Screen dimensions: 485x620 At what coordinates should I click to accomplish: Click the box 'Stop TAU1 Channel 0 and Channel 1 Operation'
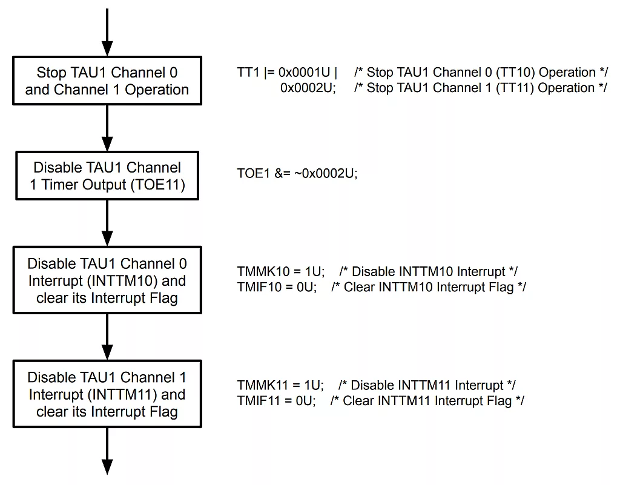pyautogui.click(x=107, y=81)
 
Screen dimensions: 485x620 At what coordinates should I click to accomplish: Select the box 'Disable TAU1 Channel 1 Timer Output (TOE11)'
pyautogui.click(x=107, y=176)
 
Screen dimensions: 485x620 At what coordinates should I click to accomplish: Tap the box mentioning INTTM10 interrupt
pyautogui.click(x=107, y=280)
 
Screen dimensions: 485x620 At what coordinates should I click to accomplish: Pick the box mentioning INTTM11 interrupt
pyautogui.click(x=107, y=394)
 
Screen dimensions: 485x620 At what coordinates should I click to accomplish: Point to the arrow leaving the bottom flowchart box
pyautogui.click(x=107, y=451)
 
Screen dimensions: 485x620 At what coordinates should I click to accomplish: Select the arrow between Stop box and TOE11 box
pyautogui.click(x=107, y=129)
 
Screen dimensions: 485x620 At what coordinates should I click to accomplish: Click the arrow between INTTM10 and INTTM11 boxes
pyautogui.click(x=107, y=337)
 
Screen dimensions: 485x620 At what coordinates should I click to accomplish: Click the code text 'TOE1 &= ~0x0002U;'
pyautogui.click(x=297, y=173)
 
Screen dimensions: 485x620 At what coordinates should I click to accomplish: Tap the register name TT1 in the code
pyautogui.click(x=248, y=73)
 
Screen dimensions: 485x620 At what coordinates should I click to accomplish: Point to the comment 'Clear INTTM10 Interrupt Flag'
pyautogui.click(x=429, y=287)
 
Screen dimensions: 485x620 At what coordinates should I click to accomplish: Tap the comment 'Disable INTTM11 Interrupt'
pyautogui.click(x=427, y=385)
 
